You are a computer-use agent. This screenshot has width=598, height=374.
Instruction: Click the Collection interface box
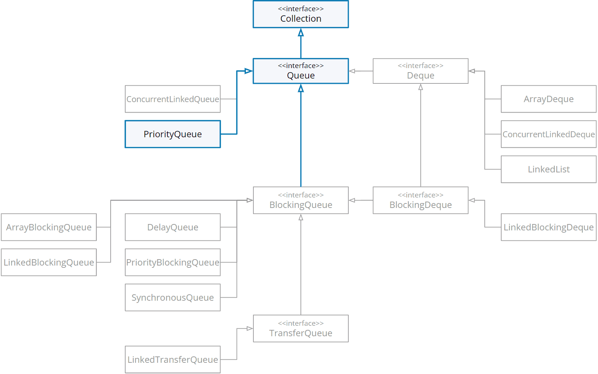point(300,14)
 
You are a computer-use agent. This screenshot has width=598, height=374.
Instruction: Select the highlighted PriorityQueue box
point(172,134)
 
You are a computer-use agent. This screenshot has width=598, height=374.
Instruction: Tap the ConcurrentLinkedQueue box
point(172,99)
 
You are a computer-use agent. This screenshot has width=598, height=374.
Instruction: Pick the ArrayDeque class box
point(548,99)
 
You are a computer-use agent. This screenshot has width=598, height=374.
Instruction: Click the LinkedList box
point(548,169)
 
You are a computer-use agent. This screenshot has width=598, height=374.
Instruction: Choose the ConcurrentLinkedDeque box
point(548,134)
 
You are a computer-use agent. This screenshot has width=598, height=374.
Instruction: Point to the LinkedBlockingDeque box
point(548,227)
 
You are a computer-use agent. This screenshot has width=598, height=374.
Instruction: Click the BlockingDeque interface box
point(420,200)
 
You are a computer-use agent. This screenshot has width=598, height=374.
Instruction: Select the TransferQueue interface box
point(300,329)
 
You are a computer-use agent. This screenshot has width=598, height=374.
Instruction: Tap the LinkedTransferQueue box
point(172,360)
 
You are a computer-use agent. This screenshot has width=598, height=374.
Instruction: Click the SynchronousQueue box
point(172,298)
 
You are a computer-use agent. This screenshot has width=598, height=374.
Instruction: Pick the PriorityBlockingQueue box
point(172,263)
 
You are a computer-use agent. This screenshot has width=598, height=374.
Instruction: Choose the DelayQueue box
point(172,227)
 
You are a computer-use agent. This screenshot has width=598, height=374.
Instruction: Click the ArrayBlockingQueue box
point(49,227)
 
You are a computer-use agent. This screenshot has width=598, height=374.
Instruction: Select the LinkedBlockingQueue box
point(49,263)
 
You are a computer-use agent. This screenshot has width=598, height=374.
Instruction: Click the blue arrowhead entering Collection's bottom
point(300,33)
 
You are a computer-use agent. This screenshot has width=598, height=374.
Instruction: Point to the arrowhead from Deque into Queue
point(352,71)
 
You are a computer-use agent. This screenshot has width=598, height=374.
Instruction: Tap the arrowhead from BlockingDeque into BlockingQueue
point(352,200)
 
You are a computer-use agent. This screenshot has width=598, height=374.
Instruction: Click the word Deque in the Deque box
point(420,76)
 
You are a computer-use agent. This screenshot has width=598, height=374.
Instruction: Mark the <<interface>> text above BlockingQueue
point(300,195)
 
